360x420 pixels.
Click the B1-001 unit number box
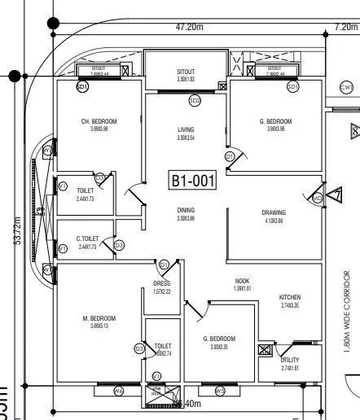coord(193,181)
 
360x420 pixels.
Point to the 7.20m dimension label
coord(345,27)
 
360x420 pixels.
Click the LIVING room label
coord(187,129)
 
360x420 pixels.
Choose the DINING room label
coord(187,210)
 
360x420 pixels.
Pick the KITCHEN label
coord(291,297)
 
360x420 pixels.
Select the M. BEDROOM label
coord(99,318)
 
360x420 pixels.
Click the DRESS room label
coord(161,284)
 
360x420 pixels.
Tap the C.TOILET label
coord(86,238)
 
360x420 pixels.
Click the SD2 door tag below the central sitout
coord(195,101)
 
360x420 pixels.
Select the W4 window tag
coord(118,392)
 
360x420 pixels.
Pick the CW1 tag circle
coord(346,87)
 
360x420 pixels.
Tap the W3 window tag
coord(220,392)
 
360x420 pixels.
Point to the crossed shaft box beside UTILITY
coord(264,351)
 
